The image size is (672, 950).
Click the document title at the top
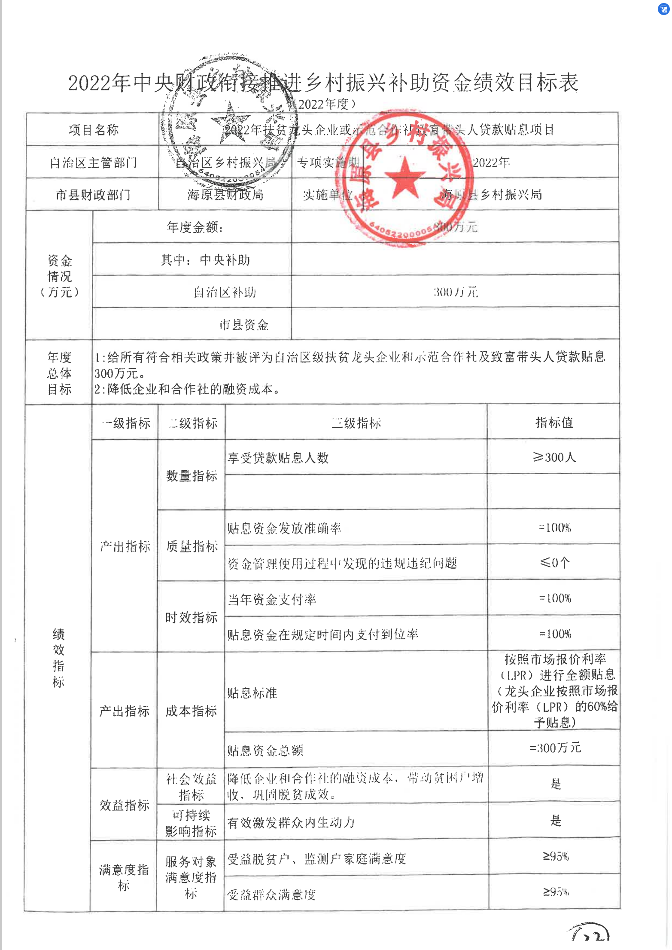(x=323, y=83)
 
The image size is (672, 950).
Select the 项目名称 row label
(x=93, y=130)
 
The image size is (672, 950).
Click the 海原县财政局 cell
(x=225, y=195)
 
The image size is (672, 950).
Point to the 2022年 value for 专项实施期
(x=491, y=162)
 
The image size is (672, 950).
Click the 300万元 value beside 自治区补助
(x=455, y=292)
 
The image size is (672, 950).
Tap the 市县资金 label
(x=243, y=325)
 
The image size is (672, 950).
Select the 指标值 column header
(x=554, y=423)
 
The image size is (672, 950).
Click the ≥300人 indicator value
(x=554, y=457)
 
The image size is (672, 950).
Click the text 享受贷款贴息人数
(x=278, y=458)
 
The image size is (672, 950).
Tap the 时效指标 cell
(x=192, y=617)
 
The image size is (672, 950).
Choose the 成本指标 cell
(x=191, y=711)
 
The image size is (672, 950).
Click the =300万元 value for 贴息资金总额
(x=555, y=748)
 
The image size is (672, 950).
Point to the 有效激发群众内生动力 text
(x=291, y=823)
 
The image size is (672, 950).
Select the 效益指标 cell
(x=124, y=805)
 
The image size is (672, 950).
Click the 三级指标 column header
(x=356, y=423)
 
